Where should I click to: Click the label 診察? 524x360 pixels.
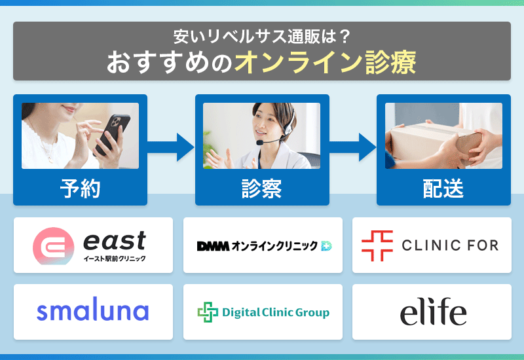[262, 189]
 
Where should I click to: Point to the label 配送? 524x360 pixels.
[443, 189]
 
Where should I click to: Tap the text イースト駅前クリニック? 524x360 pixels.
[115, 259]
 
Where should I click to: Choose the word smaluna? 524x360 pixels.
[93, 312]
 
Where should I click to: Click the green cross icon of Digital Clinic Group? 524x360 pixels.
[208, 312]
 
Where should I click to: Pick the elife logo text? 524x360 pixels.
[433, 312]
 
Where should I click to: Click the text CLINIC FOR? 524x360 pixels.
[450, 245]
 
